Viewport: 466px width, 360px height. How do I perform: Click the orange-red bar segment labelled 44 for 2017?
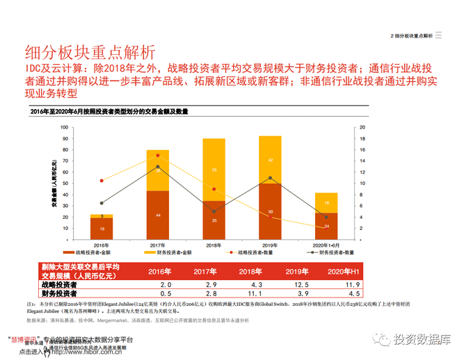click(x=158, y=215)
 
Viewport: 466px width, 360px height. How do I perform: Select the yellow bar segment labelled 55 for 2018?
click(x=214, y=170)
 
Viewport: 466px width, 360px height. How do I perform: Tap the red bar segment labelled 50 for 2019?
click(x=270, y=211)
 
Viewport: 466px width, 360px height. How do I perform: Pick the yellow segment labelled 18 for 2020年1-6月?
click(x=326, y=202)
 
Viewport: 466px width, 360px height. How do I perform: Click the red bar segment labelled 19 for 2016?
click(x=102, y=229)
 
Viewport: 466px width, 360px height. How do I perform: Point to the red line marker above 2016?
click(x=102, y=180)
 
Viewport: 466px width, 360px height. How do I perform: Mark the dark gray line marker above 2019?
click(x=270, y=178)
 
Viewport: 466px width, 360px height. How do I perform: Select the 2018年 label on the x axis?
click(x=214, y=245)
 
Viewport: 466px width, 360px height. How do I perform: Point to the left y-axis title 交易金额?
click(x=54, y=182)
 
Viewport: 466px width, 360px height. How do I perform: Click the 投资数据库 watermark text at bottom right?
click(x=421, y=340)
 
